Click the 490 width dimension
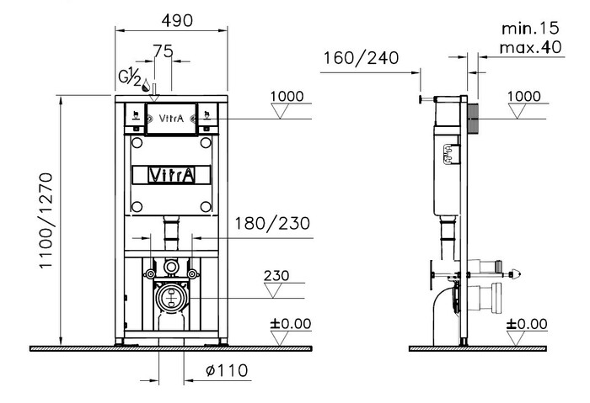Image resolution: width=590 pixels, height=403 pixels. [x=177, y=21]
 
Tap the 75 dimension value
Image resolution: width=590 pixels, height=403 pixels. [x=163, y=51]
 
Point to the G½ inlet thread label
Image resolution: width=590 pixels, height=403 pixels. [x=130, y=77]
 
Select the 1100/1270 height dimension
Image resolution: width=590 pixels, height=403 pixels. [x=46, y=220]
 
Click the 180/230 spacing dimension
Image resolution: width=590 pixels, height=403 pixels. [x=272, y=224]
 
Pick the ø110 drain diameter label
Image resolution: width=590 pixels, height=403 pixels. [x=227, y=370]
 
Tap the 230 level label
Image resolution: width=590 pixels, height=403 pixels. [x=276, y=276]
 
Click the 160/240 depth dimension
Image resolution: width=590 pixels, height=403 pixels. [x=362, y=58]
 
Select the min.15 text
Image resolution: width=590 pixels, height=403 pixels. [x=530, y=28]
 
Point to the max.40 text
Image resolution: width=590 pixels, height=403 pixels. [x=530, y=48]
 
